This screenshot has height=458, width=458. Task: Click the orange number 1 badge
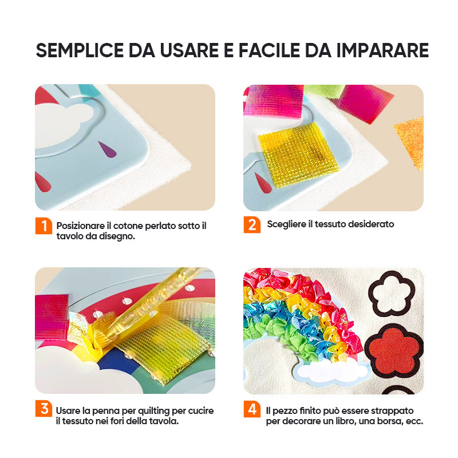[x=44, y=226]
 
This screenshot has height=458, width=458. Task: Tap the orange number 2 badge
[x=252, y=225]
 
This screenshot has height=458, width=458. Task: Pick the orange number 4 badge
[x=252, y=409]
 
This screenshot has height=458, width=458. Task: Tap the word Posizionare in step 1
[x=80, y=226]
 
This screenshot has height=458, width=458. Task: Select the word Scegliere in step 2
[x=287, y=224]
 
